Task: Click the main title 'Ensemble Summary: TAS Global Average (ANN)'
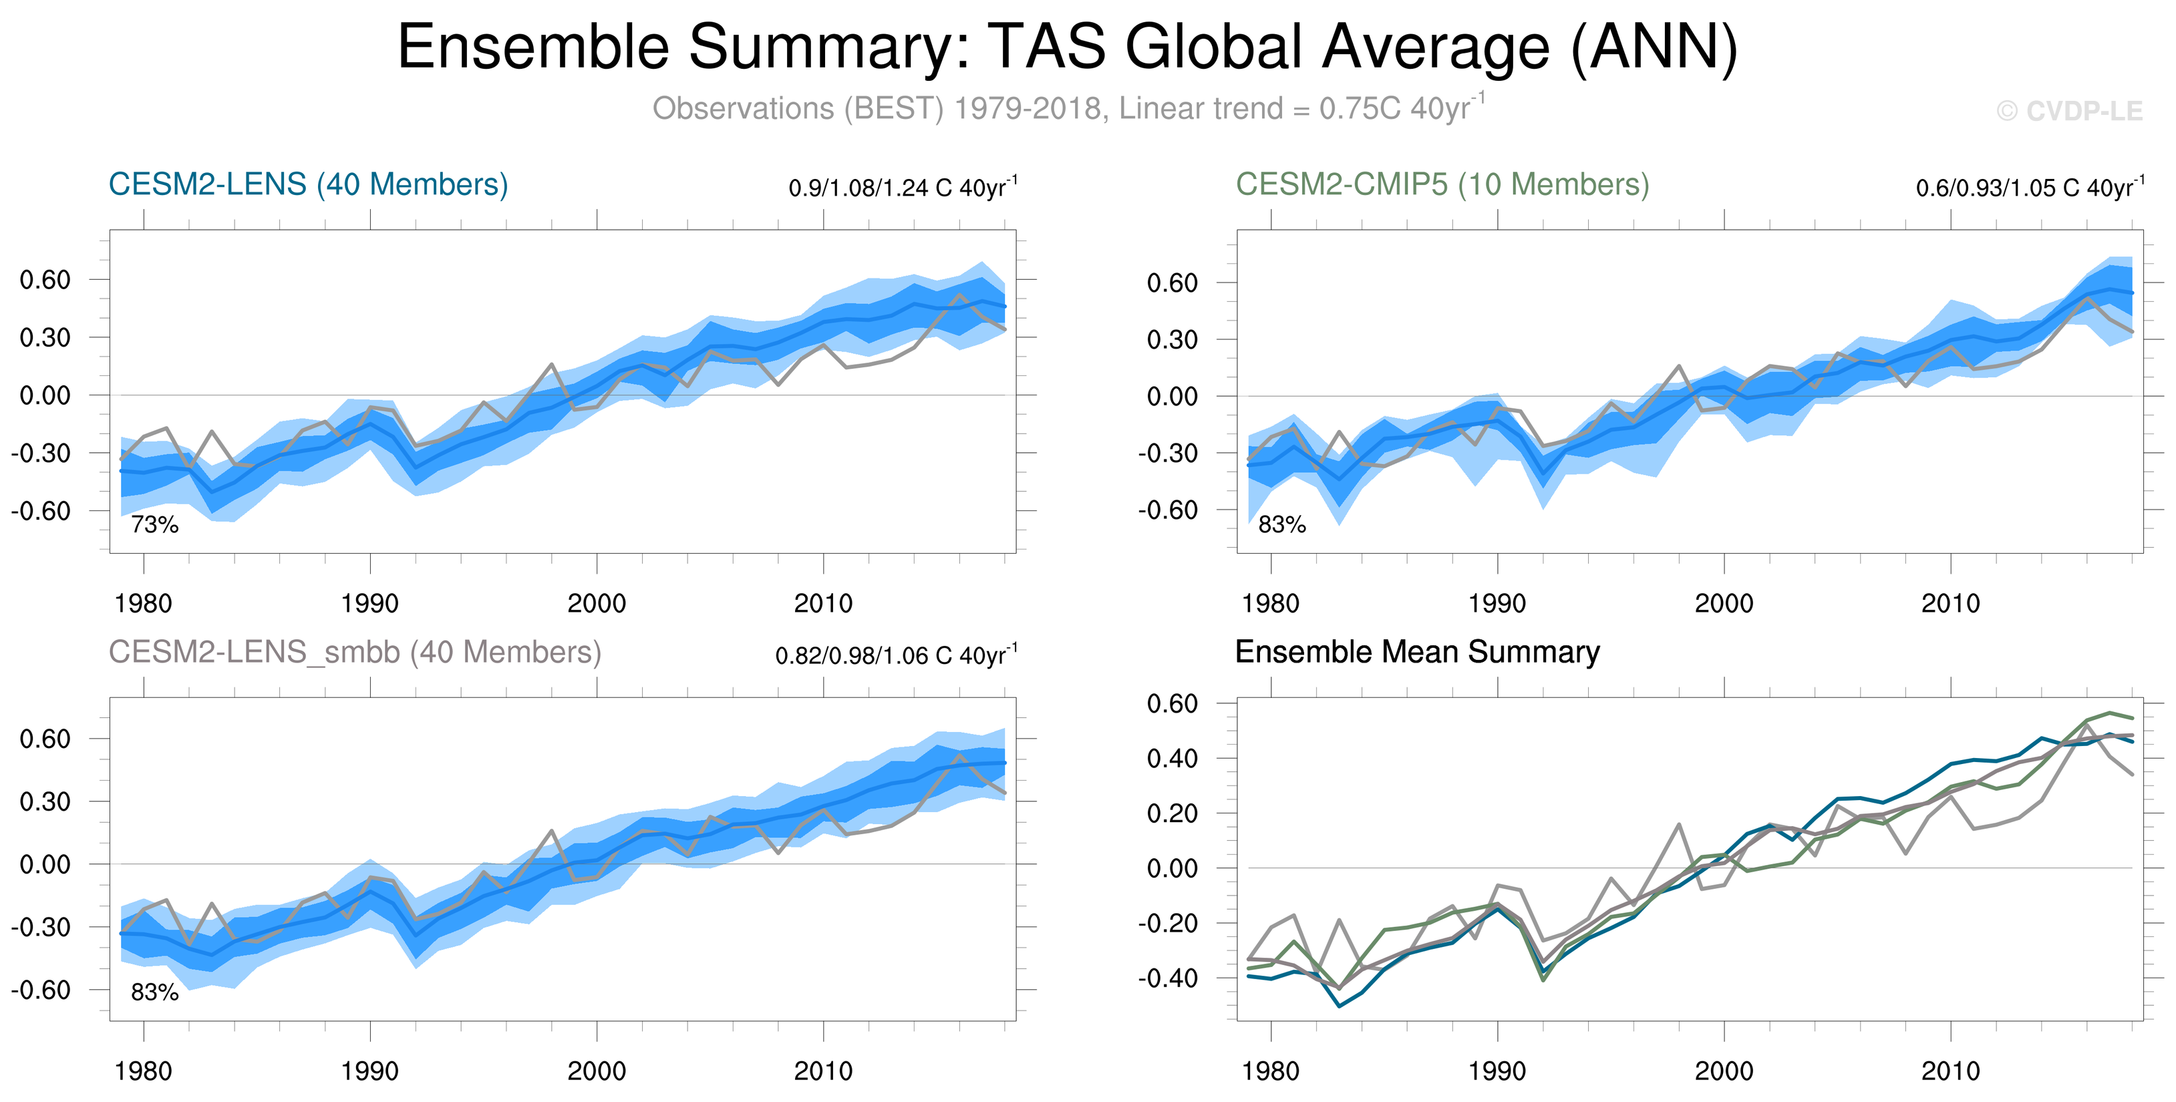point(1068,47)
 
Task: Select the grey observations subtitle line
point(1068,109)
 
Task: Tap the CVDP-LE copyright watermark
point(2070,112)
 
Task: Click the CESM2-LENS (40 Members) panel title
point(308,184)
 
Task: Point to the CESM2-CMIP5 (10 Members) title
point(1442,184)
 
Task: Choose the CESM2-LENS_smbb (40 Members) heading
point(355,652)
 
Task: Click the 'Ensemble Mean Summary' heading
point(1416,652)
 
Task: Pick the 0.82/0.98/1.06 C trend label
point(895,655)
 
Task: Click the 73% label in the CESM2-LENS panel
point(154,525)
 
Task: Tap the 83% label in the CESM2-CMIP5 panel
point(1281,525)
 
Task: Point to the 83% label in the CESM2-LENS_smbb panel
point(154,993)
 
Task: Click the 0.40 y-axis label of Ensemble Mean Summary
point(1172,758)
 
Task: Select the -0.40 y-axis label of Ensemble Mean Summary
point(1167,978)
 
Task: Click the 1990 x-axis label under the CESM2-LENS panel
point(370,604)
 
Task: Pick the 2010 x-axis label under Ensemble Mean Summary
point(1950,1071)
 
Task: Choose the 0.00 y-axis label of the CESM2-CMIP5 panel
point(1172,397)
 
